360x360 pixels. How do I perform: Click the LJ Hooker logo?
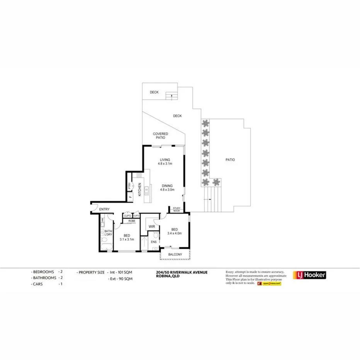(310, 275)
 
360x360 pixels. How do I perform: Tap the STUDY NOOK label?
(177, 209)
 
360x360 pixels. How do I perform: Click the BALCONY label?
(175, 255)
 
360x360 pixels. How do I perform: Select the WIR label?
(152, 227)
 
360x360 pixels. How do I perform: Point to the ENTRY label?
(104, 209)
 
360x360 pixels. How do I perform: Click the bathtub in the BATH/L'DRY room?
(105, 244)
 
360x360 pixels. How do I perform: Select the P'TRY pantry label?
(129, 187)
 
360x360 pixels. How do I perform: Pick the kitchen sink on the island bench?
(147, 190)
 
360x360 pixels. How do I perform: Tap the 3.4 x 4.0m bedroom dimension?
(174, 233)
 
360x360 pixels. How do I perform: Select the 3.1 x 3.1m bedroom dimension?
(126, 239)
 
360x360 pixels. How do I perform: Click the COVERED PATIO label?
(160, 136)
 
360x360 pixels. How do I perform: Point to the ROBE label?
(131, 221)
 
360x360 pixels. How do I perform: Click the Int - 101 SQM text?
(121, 272)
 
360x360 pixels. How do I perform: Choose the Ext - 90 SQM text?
(121, 278)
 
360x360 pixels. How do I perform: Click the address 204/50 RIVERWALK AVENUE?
(179, 272)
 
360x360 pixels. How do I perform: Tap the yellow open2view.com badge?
(272, 284)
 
